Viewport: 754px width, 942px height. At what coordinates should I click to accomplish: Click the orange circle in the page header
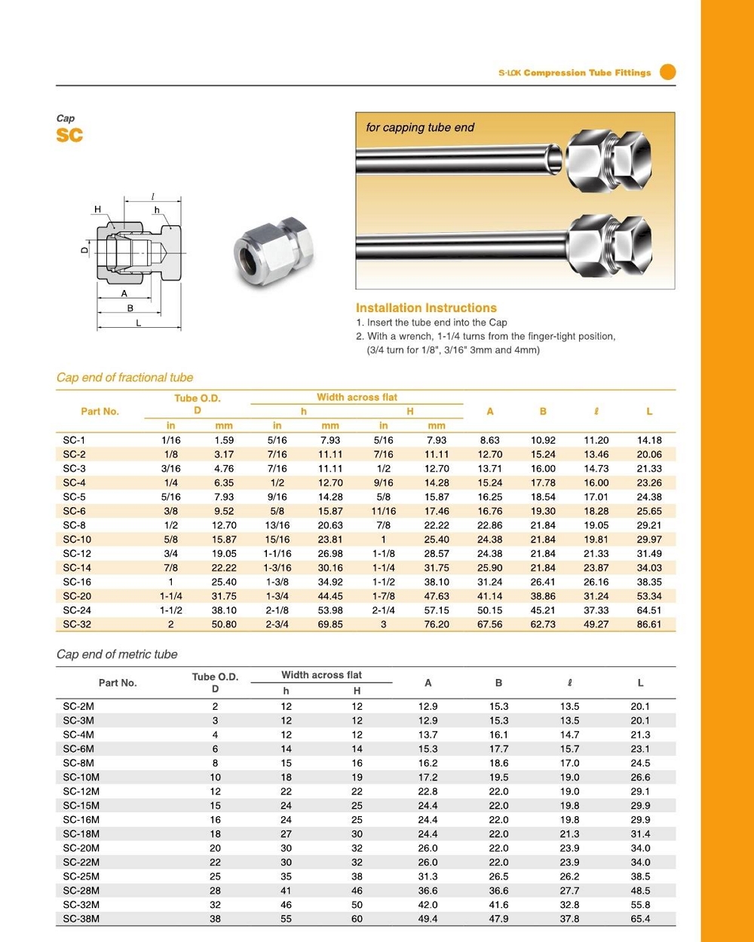pyautogui.click(x=667, y=72)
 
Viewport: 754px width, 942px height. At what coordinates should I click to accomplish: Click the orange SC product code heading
pyautogui.click(x=69, y=136)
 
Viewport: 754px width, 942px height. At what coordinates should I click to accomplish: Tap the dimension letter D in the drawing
pyautogui.click(x=84, y=249)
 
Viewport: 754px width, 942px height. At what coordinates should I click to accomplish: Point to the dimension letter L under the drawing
pyautogui.click(x=138, y=323)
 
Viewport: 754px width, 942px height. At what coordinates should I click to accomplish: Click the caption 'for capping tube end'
pyautogui.click(x=420, y=127)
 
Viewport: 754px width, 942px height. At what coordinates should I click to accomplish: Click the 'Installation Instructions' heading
pyautogui.click(x=426, y=307)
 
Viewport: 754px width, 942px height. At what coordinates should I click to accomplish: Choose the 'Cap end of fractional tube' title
pyautogui.click(x=124, y=378)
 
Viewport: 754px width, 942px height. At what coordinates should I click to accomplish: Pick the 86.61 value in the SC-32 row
pyautogui.click(x=648, y=625)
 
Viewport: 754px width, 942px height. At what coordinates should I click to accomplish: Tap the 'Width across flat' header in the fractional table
pyautogui.click(x=357, y=397)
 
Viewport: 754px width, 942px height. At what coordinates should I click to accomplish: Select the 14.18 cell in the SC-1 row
pyautogui.click(x=648, y=440)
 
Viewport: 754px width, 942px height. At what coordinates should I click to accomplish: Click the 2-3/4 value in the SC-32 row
pyautogui.click(x=277, y=625)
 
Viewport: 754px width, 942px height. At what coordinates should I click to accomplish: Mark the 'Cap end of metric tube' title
pyautogui.click(x=117, y=654)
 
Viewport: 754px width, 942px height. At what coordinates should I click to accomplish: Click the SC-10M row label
pyautogui.click(x=81, y=778)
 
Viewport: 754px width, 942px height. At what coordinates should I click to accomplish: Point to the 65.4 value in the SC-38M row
pyautogui.click(x=640, y=919)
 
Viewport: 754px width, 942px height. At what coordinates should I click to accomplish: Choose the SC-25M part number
pyautogui.click(x=81, y=876)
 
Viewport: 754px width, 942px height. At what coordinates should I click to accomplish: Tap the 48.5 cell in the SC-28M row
pyautogui.click(x=640, y=891)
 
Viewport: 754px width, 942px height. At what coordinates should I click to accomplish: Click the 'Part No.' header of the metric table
pyautogui.click(x=118, y=683)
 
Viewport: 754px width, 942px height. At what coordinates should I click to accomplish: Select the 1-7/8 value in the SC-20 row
pyautogui.click(x=383, y=596)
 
